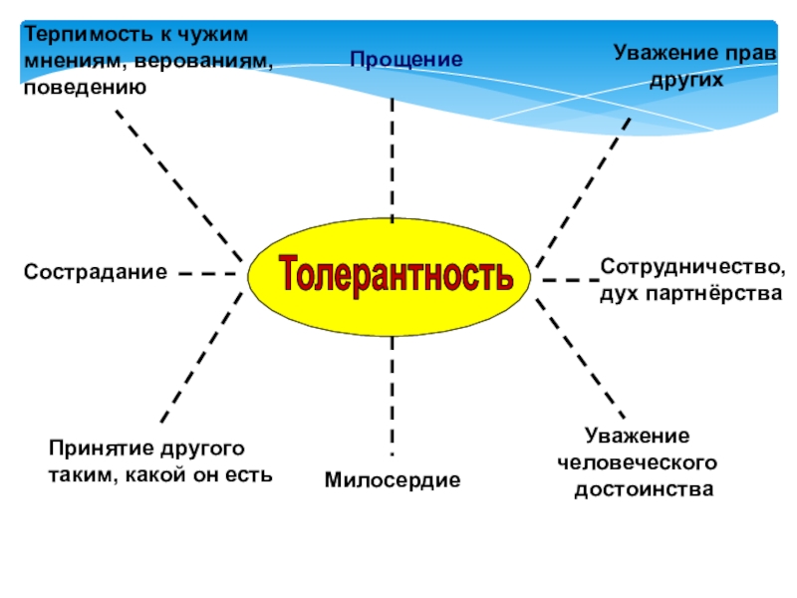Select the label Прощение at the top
point(406,60)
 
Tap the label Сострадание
point(96,271)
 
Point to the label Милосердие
point(393,480)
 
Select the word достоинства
point(644,490)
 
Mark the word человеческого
point(638,463)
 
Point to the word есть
point(249,474)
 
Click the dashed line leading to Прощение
point(393,159)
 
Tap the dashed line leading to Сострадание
point(210,271)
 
